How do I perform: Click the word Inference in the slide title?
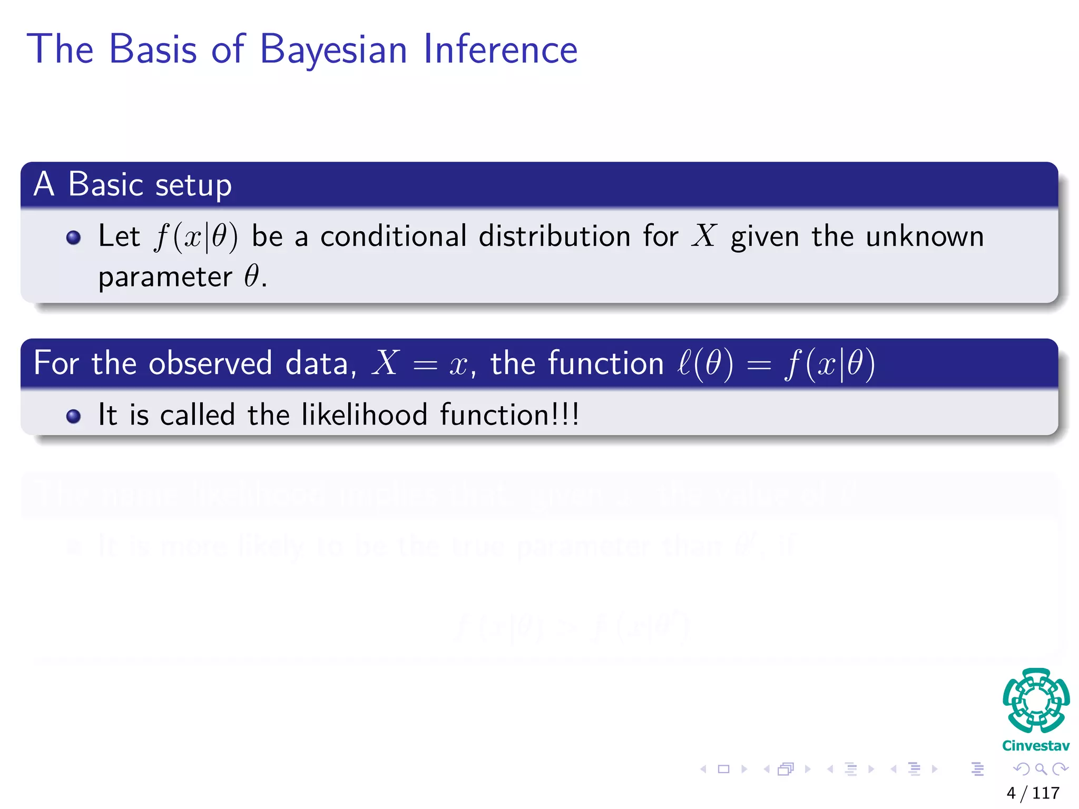coord(500,49)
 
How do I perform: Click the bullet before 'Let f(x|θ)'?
coord(74,238)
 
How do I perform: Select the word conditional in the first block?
coord(393,236)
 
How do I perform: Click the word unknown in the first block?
coord(925,236)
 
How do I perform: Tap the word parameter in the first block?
coord(165,278)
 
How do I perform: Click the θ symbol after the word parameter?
coord(251,276)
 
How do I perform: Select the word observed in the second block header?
coord(210,363)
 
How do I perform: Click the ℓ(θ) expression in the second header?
coord(705,363)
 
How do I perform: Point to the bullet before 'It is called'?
coord(74,417)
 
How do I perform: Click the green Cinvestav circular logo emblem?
coord(1036,701)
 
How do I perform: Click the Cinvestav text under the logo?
coord(1035,746)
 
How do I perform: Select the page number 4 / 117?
coord(1033,793)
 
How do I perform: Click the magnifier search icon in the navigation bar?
coord(1041,769)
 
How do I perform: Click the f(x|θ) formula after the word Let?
coord(195,236)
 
